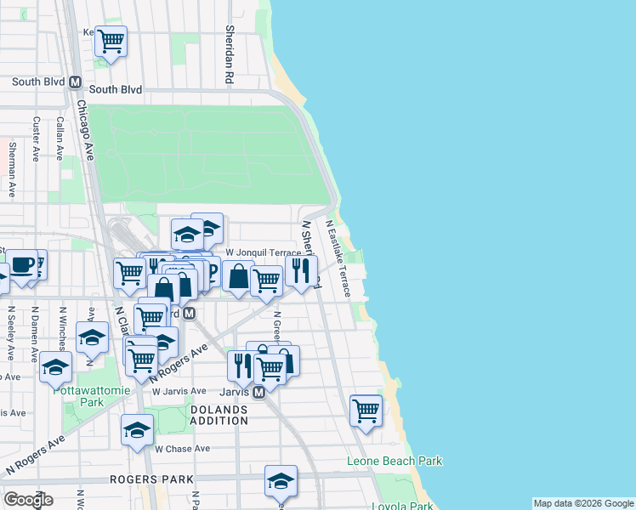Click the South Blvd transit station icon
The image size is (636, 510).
click(x=75, y=83)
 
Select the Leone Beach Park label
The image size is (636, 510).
click(x=395, y=462)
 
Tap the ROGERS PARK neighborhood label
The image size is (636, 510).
click(x=151, y=479)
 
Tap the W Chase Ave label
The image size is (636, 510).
click(x=182, y=449)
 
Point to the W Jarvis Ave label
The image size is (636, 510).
click(x=179, y=391)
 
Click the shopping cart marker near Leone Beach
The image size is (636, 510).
click(x=366, y=410)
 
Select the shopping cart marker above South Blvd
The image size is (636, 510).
click(x=111, y=39)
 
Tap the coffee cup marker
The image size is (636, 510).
click(x=23, y=264)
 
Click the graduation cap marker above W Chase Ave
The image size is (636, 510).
click(x=136, y=429)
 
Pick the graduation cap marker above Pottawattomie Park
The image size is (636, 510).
click(x=56, y=367)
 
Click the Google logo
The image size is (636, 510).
click(x=28, y=499)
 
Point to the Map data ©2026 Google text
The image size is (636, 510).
click(x=583, y=503)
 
